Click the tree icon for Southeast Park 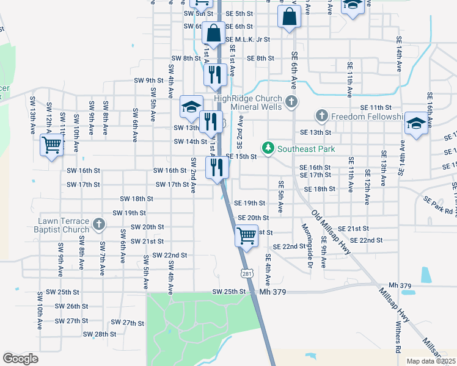268,148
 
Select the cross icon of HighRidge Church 291,101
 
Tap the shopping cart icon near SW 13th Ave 51,145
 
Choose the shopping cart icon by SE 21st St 246,234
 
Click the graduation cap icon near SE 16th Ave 415,124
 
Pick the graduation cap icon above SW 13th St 191,106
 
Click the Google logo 20,359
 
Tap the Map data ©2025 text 430,361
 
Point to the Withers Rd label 398,339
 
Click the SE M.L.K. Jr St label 247,39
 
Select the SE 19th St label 250,203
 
